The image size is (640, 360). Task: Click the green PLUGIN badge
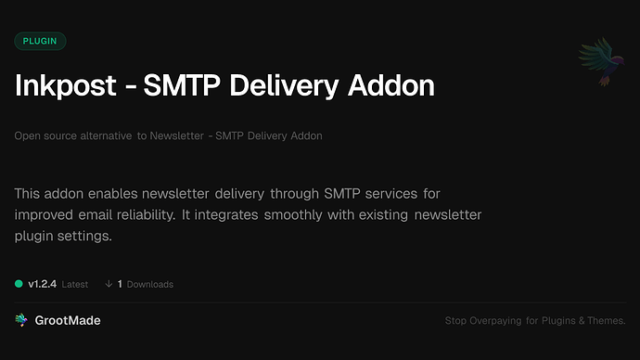(40, 41)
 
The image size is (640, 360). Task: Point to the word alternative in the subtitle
(101, 136)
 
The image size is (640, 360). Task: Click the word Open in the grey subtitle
(27, 136)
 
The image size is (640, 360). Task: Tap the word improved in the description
(45, 215)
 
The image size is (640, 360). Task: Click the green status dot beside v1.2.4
(19, 284)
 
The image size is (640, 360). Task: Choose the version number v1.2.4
(43, 284)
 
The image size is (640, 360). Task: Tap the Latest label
(75, 285)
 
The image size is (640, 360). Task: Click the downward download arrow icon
(109, 284)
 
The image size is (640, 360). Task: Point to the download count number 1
(121, 284)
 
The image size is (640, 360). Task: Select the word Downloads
(150, 285)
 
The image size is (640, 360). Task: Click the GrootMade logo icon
(21, 320)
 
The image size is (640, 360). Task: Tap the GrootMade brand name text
(70, 320)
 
